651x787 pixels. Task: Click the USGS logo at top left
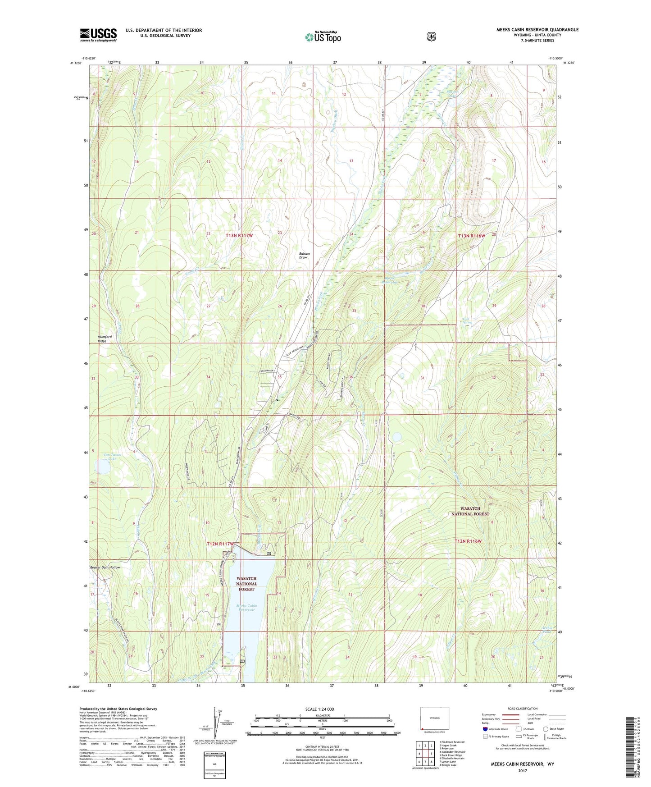pos(98,35)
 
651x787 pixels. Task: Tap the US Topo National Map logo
pos(323,37)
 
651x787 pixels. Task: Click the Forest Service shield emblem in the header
pos(431,37)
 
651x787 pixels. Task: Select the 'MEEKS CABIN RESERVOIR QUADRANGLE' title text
pos(537,30)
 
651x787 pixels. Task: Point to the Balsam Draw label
pos(305,255)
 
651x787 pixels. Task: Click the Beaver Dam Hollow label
pos(105,567)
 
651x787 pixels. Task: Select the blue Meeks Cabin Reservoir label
pos(246,607)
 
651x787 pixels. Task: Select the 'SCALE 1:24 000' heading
pos(319,709)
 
